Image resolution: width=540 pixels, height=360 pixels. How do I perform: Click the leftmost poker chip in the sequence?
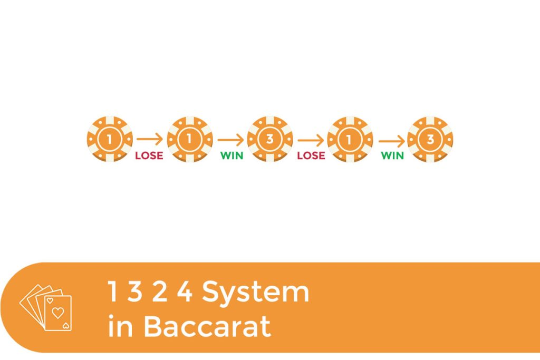coord(110,139)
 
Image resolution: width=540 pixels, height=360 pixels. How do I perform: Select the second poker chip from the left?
coord(190,139)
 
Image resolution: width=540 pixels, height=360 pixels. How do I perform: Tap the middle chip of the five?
coord(270,139)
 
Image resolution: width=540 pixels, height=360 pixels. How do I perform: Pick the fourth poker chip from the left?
coord(350,139)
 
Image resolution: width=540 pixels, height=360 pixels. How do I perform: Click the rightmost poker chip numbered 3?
coord(430,139)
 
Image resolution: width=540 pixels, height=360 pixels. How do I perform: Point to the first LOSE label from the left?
coord(149,155)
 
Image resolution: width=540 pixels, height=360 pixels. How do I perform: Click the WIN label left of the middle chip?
coord(232,155)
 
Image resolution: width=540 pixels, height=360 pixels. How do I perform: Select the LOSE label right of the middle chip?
coord(311,155)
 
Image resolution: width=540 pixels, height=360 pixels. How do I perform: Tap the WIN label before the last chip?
coord(392,155)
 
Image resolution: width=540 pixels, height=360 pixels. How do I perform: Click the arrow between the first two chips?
coord(150,139)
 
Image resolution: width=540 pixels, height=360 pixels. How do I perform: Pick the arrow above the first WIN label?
coord(231,140)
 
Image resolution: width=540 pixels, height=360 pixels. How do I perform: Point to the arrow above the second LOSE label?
coord(311,140)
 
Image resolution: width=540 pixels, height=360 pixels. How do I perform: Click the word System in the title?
coord(256,293)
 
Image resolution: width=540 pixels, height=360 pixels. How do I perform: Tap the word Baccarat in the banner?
coord(207,326)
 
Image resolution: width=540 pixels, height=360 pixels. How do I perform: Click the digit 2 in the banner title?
coord(160,291)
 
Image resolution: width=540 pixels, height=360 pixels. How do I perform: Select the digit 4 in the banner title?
coord(185,291)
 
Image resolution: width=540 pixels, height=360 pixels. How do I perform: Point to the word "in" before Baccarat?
coord(120,326)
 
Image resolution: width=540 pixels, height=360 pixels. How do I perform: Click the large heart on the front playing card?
coord(57,313)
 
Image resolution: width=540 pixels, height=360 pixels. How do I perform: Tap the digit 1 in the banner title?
coord(113,291)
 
